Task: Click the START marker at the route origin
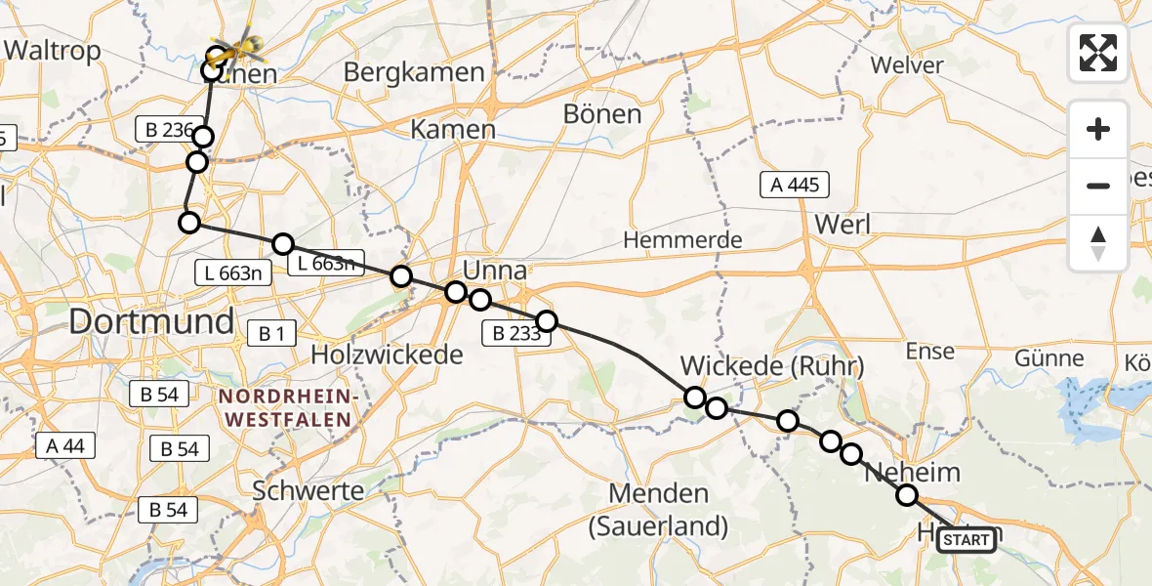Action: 967,539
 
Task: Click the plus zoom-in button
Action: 1098,130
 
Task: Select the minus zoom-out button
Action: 1098,186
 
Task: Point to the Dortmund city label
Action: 151,321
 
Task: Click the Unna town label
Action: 495,271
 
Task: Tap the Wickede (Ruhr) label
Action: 772,366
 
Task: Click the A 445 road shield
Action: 795,185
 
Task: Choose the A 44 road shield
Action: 65,446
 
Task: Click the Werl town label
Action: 842,223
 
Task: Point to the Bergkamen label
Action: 414,72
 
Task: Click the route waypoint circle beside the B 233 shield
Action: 546,321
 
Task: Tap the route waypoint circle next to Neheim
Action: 907,495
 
